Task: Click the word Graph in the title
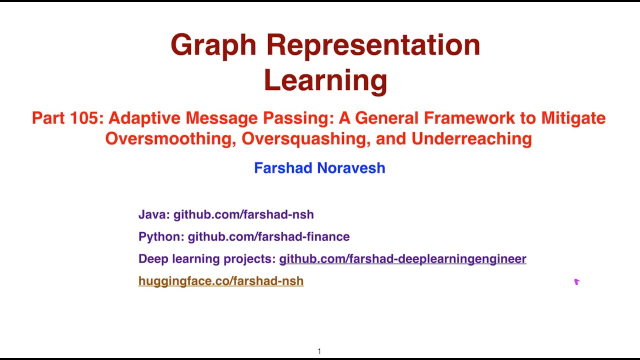[214, 45]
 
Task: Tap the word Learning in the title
[325, 80]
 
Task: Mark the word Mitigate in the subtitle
[573, 118]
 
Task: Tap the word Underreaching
[471, 138]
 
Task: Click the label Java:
[154, 214]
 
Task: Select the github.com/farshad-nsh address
[243, 214]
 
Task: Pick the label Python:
[161, 236]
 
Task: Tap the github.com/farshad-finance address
[268, 236]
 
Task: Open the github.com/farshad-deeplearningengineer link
[402, 259]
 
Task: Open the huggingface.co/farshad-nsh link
[221, 281]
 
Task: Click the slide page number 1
[319, 351]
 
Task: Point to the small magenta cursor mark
[576, 282]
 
